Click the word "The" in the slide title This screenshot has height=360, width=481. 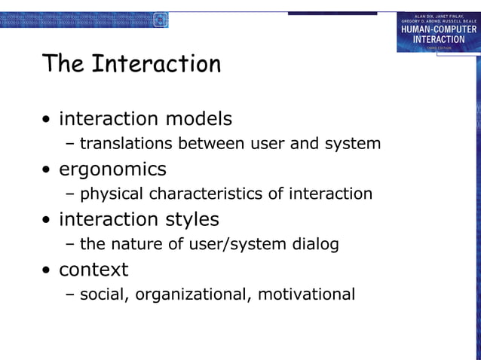tap(63, 64)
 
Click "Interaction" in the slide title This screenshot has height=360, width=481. tap(156, 64)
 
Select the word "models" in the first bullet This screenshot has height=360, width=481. tap(198, 119)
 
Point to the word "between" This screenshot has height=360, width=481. tap(208, 143)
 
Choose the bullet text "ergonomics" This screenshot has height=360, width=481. tap(112, 169)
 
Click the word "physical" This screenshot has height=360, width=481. tap(112, 194)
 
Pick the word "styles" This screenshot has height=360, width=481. tap(192, 219)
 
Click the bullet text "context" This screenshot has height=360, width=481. tap(93, 270)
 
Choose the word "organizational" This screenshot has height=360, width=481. tap(191, 294)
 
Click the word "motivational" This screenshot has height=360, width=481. tap(306, 294)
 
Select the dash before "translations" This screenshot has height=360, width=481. tap(70, 144)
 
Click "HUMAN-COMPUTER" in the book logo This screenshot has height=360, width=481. tap(438, 29)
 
